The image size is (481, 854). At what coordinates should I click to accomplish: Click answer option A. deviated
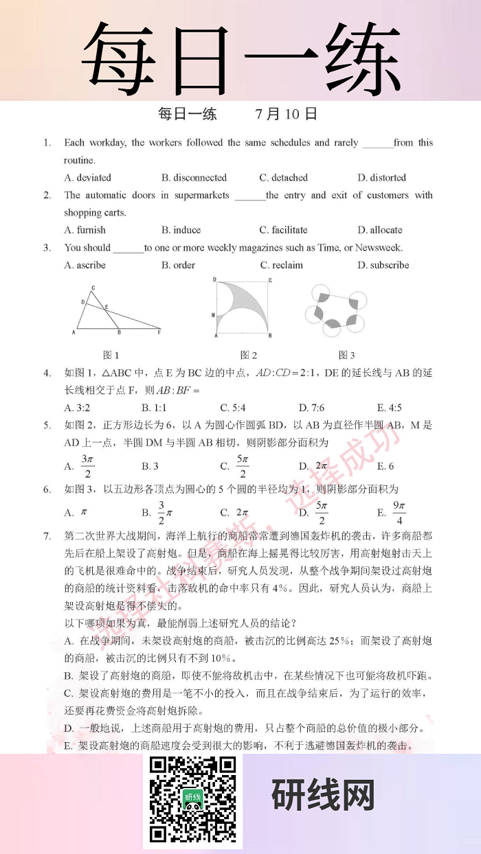[x=88, y=178]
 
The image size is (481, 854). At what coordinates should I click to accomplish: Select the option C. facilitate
[x=283, y=230]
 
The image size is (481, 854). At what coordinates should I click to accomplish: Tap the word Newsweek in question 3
[x=379, y=248]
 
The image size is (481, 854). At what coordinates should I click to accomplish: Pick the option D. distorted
[x=381, y=178]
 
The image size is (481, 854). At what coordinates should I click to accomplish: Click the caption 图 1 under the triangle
[x=111, y=355]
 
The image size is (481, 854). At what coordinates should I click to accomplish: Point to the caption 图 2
[x=249, y=355]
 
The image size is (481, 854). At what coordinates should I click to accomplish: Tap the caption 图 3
[x=346, y=355]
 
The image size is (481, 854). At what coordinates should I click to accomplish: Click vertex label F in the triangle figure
[x=159, y=333]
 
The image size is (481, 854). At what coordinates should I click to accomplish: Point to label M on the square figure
[x=214, y=313]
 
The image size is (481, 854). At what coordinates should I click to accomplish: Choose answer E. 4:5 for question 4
[x=390, y=408]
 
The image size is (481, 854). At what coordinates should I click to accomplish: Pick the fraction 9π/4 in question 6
[x=399, y=512]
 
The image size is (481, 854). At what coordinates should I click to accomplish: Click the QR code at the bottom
[x=193, y=799]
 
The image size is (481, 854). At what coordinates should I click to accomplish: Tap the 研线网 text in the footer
[x=323, y=796]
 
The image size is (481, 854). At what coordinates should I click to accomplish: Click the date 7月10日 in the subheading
[x=286, y=114]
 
